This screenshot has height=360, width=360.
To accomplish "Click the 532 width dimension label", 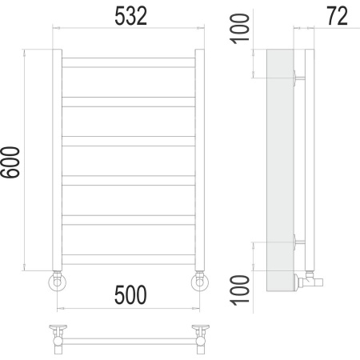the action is point(130,16).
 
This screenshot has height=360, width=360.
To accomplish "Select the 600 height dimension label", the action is point(10,162).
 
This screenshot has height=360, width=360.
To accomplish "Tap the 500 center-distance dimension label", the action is point(130,295).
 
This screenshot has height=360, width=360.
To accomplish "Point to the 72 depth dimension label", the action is point(337,16).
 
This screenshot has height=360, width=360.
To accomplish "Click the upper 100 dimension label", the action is point(240,29).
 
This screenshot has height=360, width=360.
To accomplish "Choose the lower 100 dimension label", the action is point(240,290).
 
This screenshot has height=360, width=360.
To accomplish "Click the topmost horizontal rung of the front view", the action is point(129,62).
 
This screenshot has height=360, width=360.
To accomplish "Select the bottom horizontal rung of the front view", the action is point(129,259).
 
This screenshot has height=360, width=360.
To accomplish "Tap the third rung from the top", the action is point(129,141).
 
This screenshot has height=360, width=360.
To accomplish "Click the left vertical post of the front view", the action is point(57,160).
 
